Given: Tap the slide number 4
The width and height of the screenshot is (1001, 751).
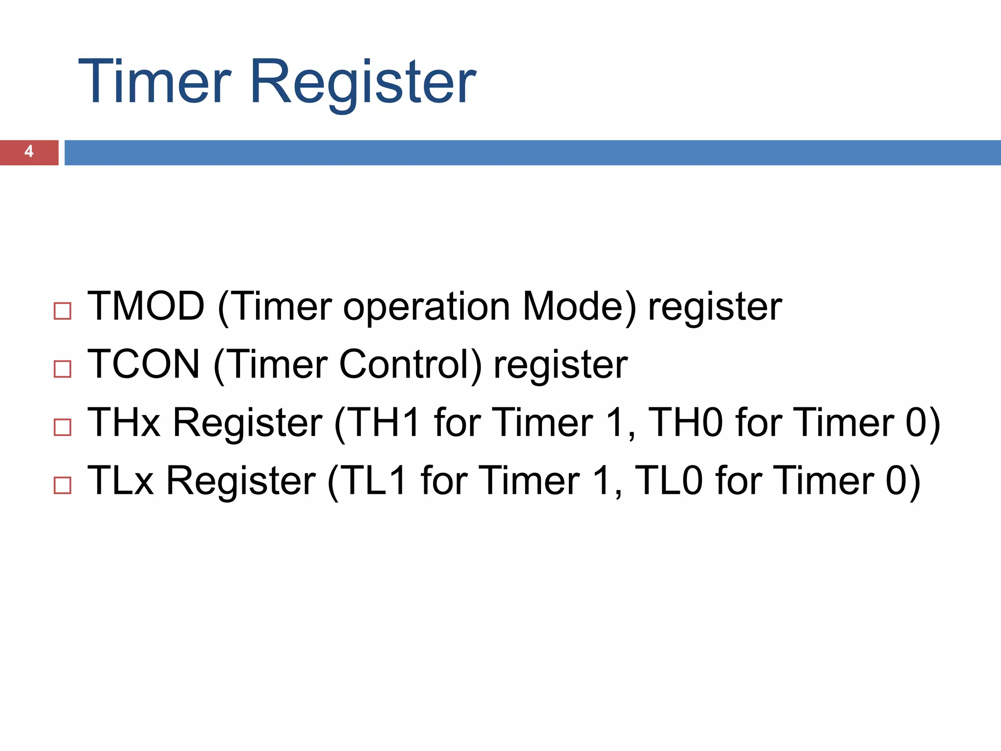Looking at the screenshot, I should [29, 152].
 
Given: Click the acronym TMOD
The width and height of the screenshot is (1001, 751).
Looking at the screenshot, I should [146, 307].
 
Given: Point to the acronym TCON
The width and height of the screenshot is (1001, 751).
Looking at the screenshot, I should [144, 364].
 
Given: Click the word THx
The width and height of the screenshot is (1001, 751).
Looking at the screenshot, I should [124, 422].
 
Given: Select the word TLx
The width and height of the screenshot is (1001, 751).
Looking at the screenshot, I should [120, 481].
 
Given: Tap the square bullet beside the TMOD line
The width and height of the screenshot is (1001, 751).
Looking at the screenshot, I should [63, 311].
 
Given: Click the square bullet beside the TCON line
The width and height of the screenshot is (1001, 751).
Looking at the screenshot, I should [63, 369].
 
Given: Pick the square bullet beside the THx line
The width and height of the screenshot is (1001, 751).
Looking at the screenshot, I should [63, 427].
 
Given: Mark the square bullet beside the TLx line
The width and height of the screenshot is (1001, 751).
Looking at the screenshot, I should [63, 485].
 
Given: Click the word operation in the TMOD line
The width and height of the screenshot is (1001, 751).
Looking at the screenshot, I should [427, 308].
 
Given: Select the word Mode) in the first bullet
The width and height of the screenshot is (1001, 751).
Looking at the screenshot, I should [580, 307].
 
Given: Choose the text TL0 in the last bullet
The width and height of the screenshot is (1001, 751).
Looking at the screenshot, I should [669, 481].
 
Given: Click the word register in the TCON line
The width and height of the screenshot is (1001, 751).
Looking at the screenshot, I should [561, 366].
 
